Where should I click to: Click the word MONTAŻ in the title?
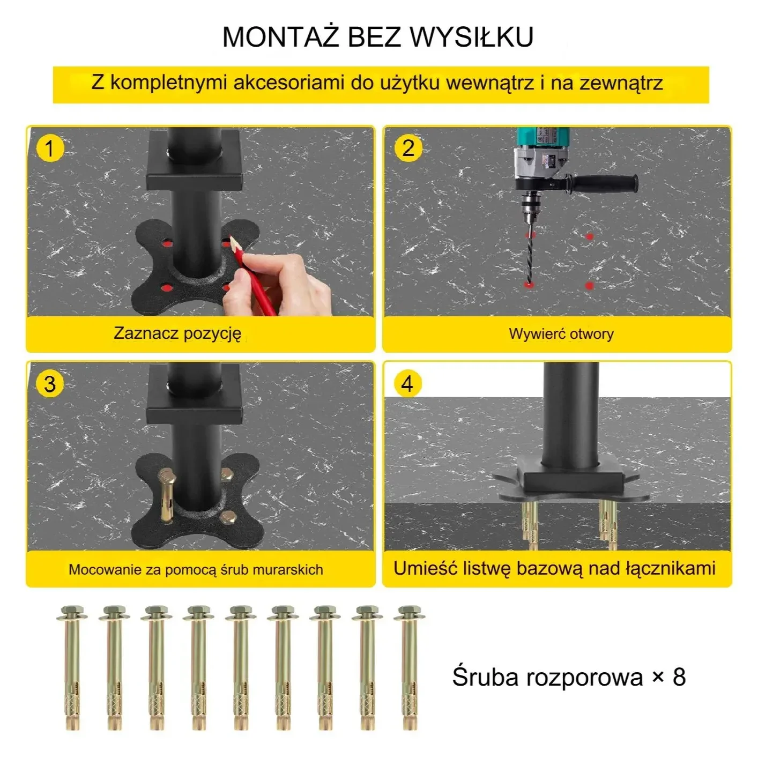coord(281,38)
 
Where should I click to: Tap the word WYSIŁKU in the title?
coord(472,38)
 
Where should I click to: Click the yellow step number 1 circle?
coord(49,148)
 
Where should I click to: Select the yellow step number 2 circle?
coord(408,148)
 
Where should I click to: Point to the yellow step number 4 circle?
coord(407,383)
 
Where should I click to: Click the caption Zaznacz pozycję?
coord(177,334)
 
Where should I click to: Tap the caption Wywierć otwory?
coord(561,334)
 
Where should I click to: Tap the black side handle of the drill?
coord(604,183)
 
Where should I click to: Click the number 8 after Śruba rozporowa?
coord(679,677)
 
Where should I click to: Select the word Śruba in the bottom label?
coord(485,677)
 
